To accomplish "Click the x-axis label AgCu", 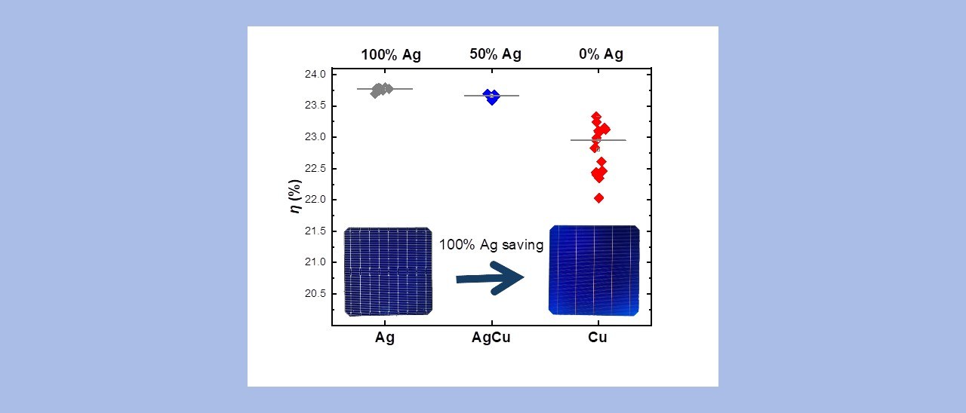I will point(491,338).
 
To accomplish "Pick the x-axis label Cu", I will point(598,338).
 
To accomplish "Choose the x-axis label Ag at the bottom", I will point(385,338).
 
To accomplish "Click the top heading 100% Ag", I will point(391,54).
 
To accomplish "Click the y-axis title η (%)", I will point(297,195).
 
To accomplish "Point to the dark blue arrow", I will point(491,278).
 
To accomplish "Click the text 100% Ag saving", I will point(491,245).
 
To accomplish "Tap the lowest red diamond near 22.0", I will point(598,198).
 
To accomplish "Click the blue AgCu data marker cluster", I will point(492,96).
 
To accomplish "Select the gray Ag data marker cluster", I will point(381,90).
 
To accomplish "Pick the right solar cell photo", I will point(594,271).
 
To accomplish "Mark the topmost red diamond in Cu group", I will point(596,116).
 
